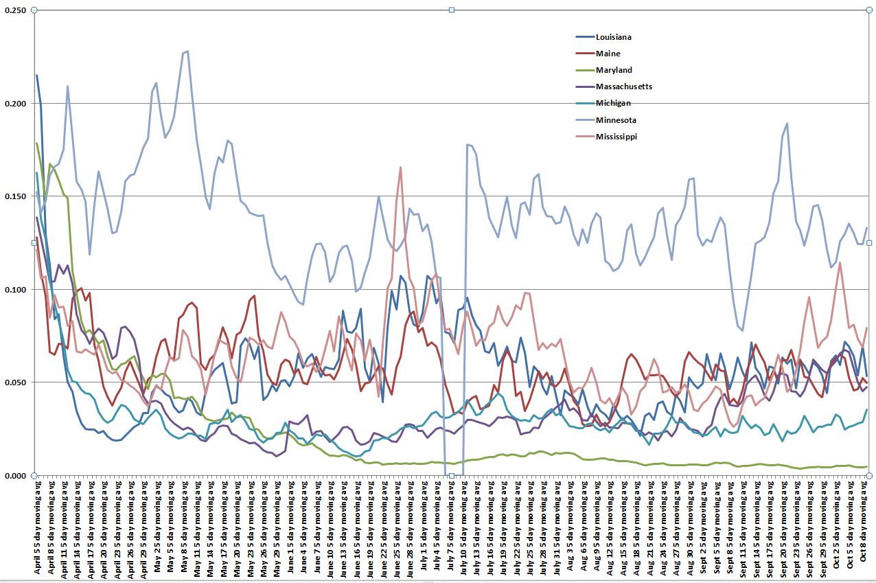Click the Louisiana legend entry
(613, 37)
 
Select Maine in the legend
(608, 54)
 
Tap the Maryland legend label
(614, 70)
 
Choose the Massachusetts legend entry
(624, 87)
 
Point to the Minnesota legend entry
(616, 120)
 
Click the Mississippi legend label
(616, 137)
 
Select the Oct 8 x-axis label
(863, 529)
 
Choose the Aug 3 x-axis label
(570, 529)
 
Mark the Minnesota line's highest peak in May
(187, 51)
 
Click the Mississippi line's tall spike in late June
(400, 167)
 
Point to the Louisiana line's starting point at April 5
(37, 76)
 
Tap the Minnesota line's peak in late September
(787, 124)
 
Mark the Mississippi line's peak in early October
(840, 262)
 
